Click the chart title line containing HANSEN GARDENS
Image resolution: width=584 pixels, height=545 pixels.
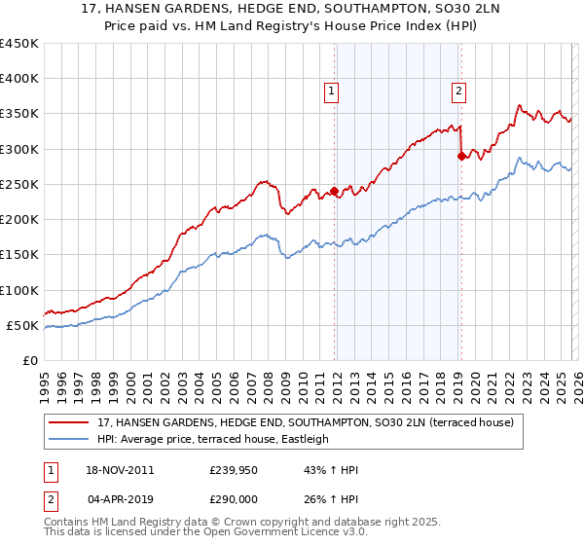point(292,10)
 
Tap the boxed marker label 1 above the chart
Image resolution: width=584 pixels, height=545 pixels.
point(332,91)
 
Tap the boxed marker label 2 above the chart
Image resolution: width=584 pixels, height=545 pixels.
point(457,91)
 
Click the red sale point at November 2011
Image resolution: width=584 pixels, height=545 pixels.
point(334,191)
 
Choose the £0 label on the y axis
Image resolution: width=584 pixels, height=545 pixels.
point(30,360)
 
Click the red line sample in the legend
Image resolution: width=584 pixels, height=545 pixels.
point(70,423)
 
